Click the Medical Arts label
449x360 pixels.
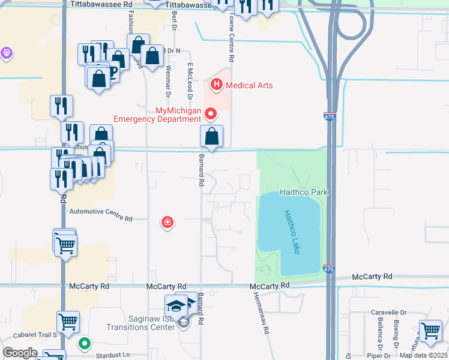pyautogui.click(x=249, y=85)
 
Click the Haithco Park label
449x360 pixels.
pyautogui.click(x=304, y=192)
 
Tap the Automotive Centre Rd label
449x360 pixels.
pyautogui.click(x=101, y=212)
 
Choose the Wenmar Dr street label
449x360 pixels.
pyautogui.click(x=167, y=82)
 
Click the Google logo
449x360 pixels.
pyautogui.click(x=20, y=353)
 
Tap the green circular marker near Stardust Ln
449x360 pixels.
pyautogui.click(x=85, y=344)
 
